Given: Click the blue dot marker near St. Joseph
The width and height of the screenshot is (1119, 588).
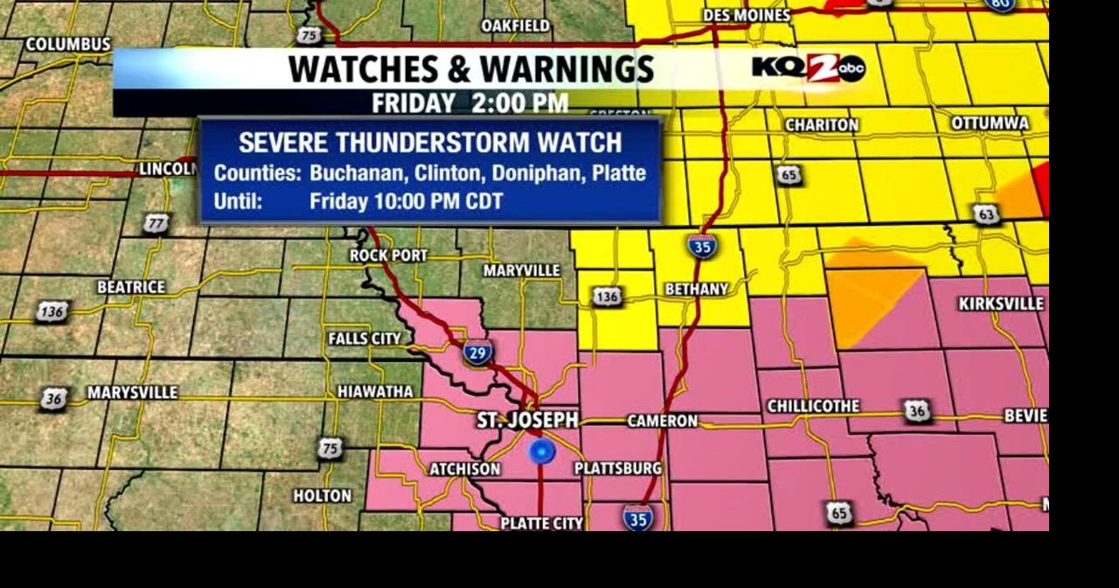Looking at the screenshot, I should [542, 451].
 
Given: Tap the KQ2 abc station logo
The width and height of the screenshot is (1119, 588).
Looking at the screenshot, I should [808, 68].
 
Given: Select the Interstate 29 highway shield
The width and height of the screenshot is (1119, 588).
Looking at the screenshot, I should [478, 353].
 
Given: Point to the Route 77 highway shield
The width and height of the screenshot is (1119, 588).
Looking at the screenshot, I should [156, 224].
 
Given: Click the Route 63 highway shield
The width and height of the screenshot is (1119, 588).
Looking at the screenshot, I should [986, 213].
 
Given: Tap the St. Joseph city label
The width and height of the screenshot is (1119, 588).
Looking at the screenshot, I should [527, 421].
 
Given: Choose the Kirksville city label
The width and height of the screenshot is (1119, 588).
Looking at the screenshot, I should [1001, 304].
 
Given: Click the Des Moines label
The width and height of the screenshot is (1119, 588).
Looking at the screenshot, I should [746, 15].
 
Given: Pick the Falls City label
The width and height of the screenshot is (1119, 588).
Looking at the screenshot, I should [365, 339].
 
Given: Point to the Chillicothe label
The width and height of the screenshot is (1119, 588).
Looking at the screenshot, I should [813, 407].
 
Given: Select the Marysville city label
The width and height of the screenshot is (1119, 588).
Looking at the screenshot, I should [132, 393].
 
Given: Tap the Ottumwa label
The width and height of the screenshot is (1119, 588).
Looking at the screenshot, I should [990, 123].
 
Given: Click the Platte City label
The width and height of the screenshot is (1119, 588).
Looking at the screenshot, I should [541, 523].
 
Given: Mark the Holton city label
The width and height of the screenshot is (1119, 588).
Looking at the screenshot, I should [323, 496].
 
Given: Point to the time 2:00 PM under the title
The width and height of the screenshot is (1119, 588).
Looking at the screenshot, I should [519, 102].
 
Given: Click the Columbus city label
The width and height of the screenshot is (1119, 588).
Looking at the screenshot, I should [68, 44].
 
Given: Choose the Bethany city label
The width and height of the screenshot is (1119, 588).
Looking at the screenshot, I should [696, 289].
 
